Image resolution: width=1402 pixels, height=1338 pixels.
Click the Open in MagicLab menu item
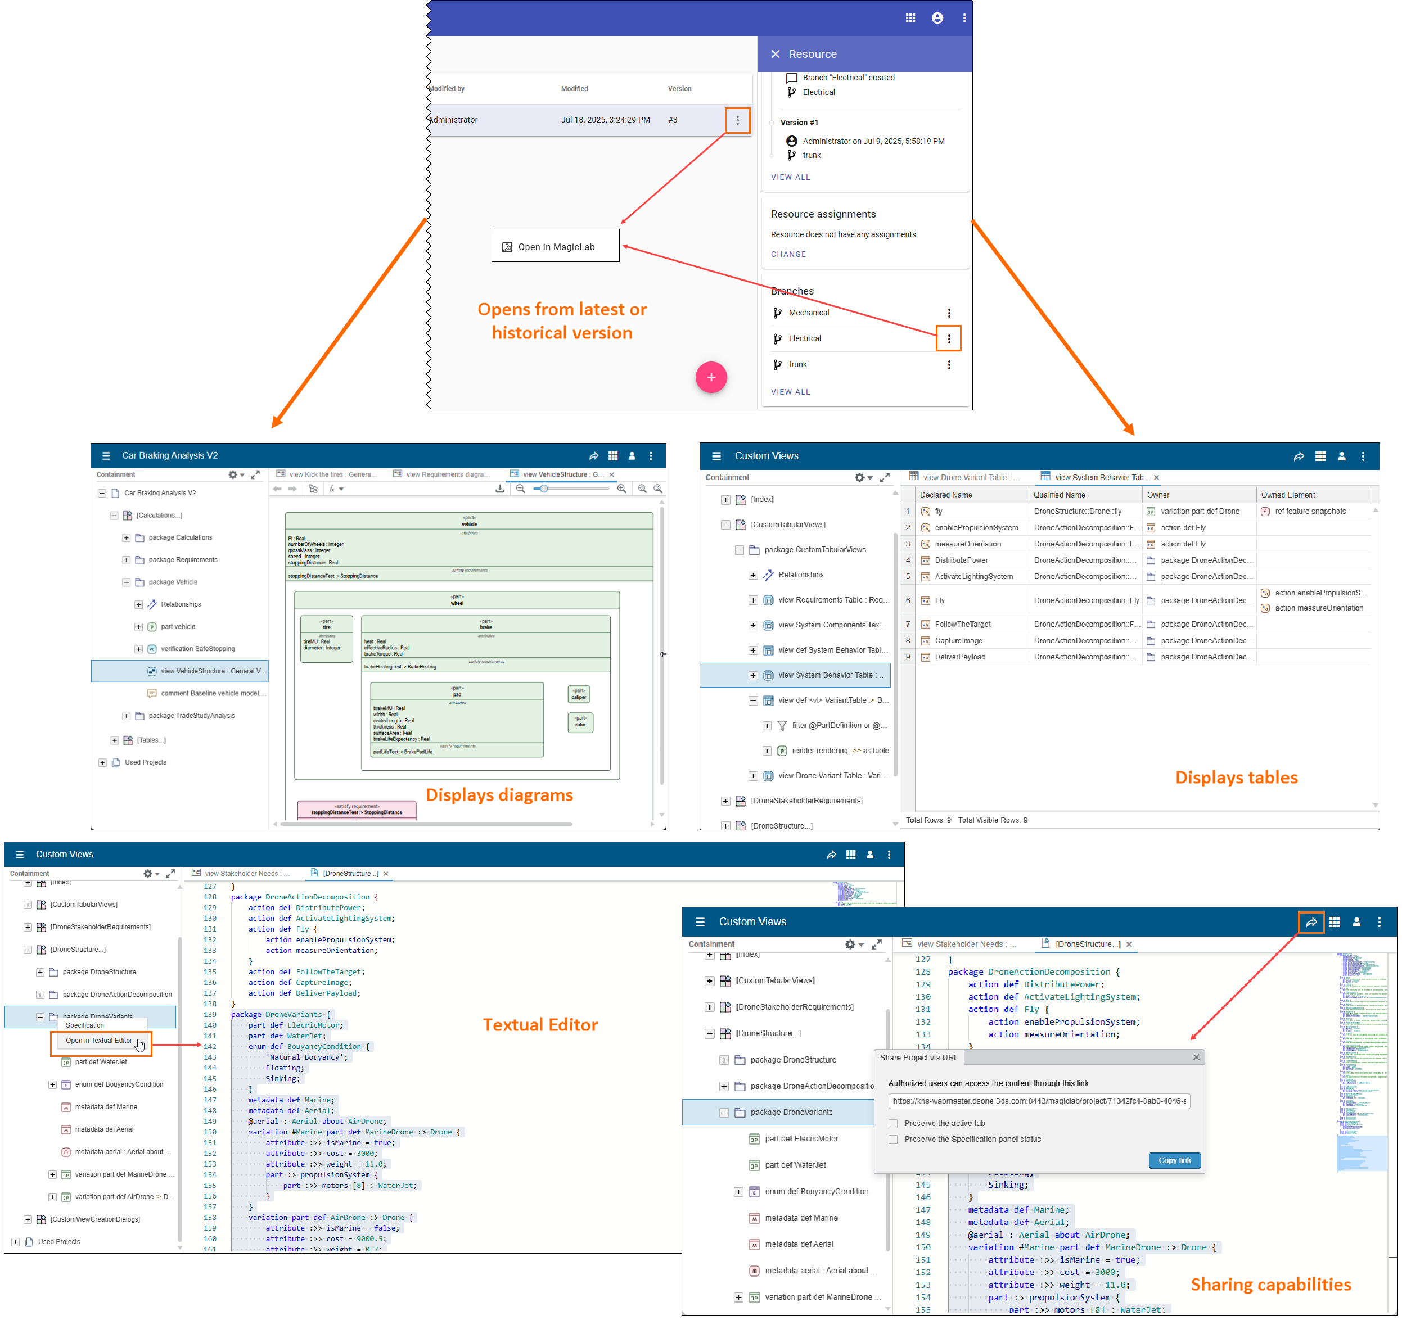[555, 247]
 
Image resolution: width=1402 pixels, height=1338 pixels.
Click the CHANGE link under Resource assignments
[788, 254]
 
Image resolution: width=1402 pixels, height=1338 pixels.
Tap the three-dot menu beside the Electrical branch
[948, 339]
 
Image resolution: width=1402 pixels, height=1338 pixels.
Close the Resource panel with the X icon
[775, 54]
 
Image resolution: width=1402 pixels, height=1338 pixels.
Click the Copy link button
[1174, 1160]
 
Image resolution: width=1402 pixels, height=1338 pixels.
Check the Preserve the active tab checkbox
[892, 1123]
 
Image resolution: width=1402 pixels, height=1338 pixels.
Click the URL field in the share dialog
[1038, 1101]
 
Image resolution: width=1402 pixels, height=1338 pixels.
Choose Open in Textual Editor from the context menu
[98, 1041]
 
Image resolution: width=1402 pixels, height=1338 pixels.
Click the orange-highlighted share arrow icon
[1311, 922]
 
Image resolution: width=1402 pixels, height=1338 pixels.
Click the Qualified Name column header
[1059, 494]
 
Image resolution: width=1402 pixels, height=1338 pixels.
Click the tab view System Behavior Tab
[1099, 477]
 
